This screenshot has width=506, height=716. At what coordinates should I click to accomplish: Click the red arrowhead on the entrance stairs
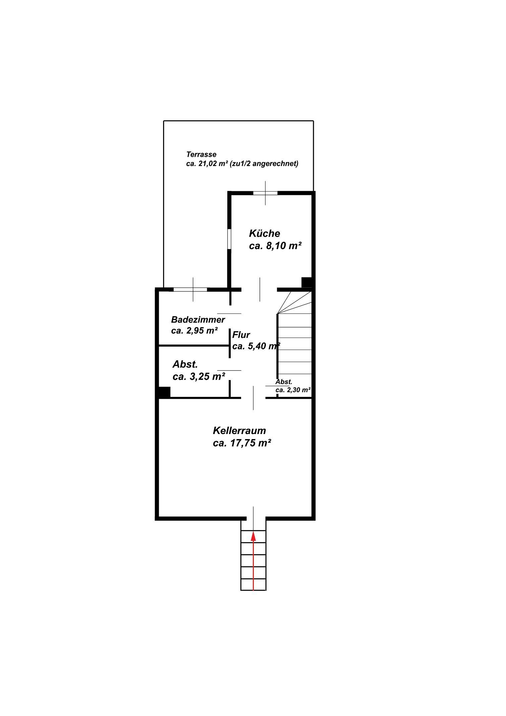click(x=254, y=536)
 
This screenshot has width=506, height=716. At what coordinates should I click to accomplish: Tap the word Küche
click(x=265, y=233)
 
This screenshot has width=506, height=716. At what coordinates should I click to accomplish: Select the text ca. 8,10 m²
click(x=275, y=246)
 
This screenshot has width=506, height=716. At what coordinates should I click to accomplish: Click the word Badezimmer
click(x=198, y=319)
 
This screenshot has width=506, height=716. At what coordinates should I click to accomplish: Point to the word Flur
click(x=241, y=335)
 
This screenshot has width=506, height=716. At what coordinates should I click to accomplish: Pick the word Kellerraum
click(x=239, y=431)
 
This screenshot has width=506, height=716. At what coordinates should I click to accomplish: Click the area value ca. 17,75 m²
click(x=242, y=443)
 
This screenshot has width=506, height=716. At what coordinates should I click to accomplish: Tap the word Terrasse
click(x=201, y=155)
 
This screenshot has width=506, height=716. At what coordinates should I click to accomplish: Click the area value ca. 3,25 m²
click(x=199, y=377)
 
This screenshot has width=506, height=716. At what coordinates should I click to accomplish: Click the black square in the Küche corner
click(x=306, y=282)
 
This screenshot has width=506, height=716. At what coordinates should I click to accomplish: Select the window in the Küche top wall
click(x=265, y=193)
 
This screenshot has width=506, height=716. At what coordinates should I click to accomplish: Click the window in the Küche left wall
click(x=229, y=239)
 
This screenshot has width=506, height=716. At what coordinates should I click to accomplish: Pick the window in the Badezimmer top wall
click(x=190, y=289)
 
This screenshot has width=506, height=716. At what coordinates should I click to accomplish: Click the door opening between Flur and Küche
click(x=260, y=289)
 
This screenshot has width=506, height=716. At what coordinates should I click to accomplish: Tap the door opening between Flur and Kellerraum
click(x=253, y=398)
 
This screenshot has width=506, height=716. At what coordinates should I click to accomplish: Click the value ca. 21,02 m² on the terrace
click(x=207, y=164)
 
